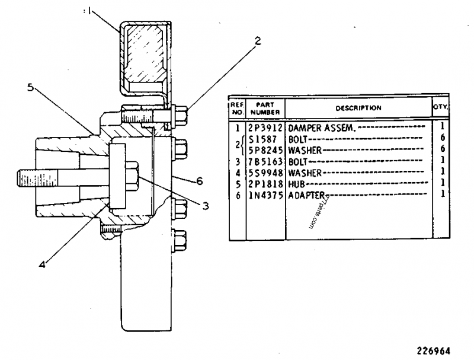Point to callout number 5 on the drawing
point(31,87)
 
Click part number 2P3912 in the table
point(266,127)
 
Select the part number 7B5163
point(266,161)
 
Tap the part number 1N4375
point(266,195)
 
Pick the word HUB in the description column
point(296,184)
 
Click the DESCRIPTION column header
point(358,108)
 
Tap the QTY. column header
point(440,108)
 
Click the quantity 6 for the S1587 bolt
point(441,138)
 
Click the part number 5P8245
point(266,150)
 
